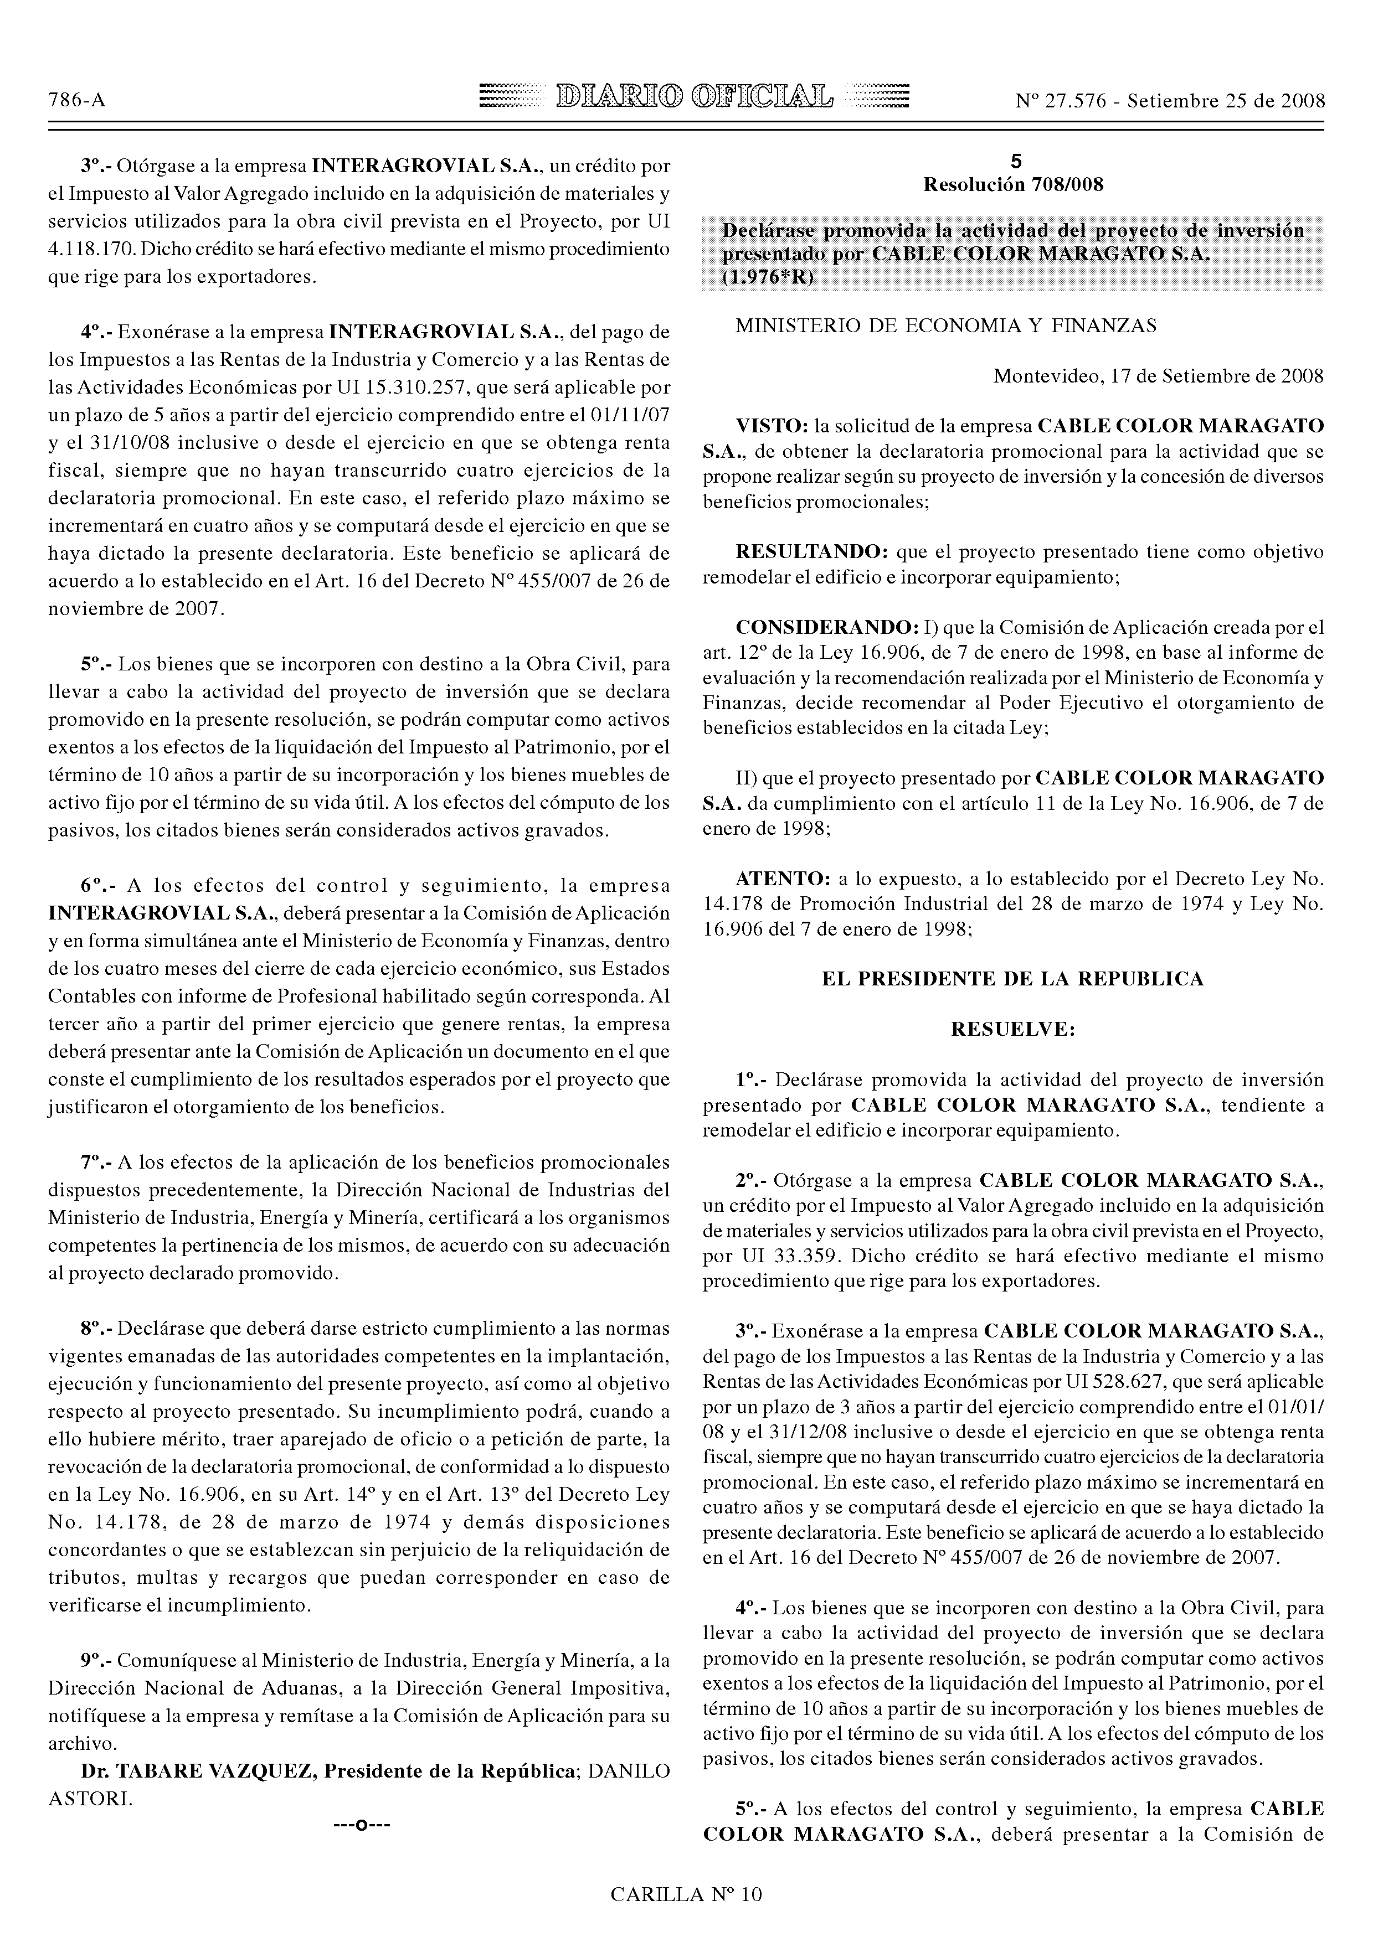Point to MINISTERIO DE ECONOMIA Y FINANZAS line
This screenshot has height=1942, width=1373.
[946, 326]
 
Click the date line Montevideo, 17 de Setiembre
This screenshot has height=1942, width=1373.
[1158, 375]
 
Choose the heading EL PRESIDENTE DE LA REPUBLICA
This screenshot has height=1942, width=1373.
[1012, 979]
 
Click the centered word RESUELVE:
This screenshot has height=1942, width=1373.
[1012, 1029]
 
